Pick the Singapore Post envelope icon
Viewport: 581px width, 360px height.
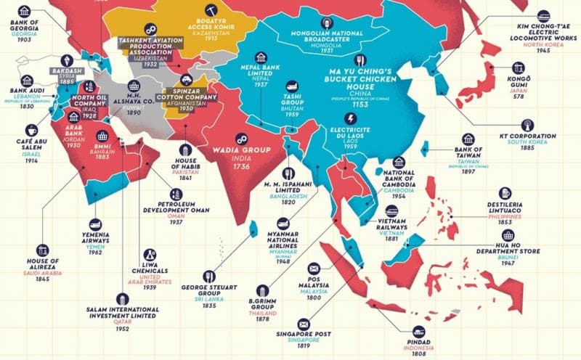(302, 322)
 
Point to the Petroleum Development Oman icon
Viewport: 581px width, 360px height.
(175, 194)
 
